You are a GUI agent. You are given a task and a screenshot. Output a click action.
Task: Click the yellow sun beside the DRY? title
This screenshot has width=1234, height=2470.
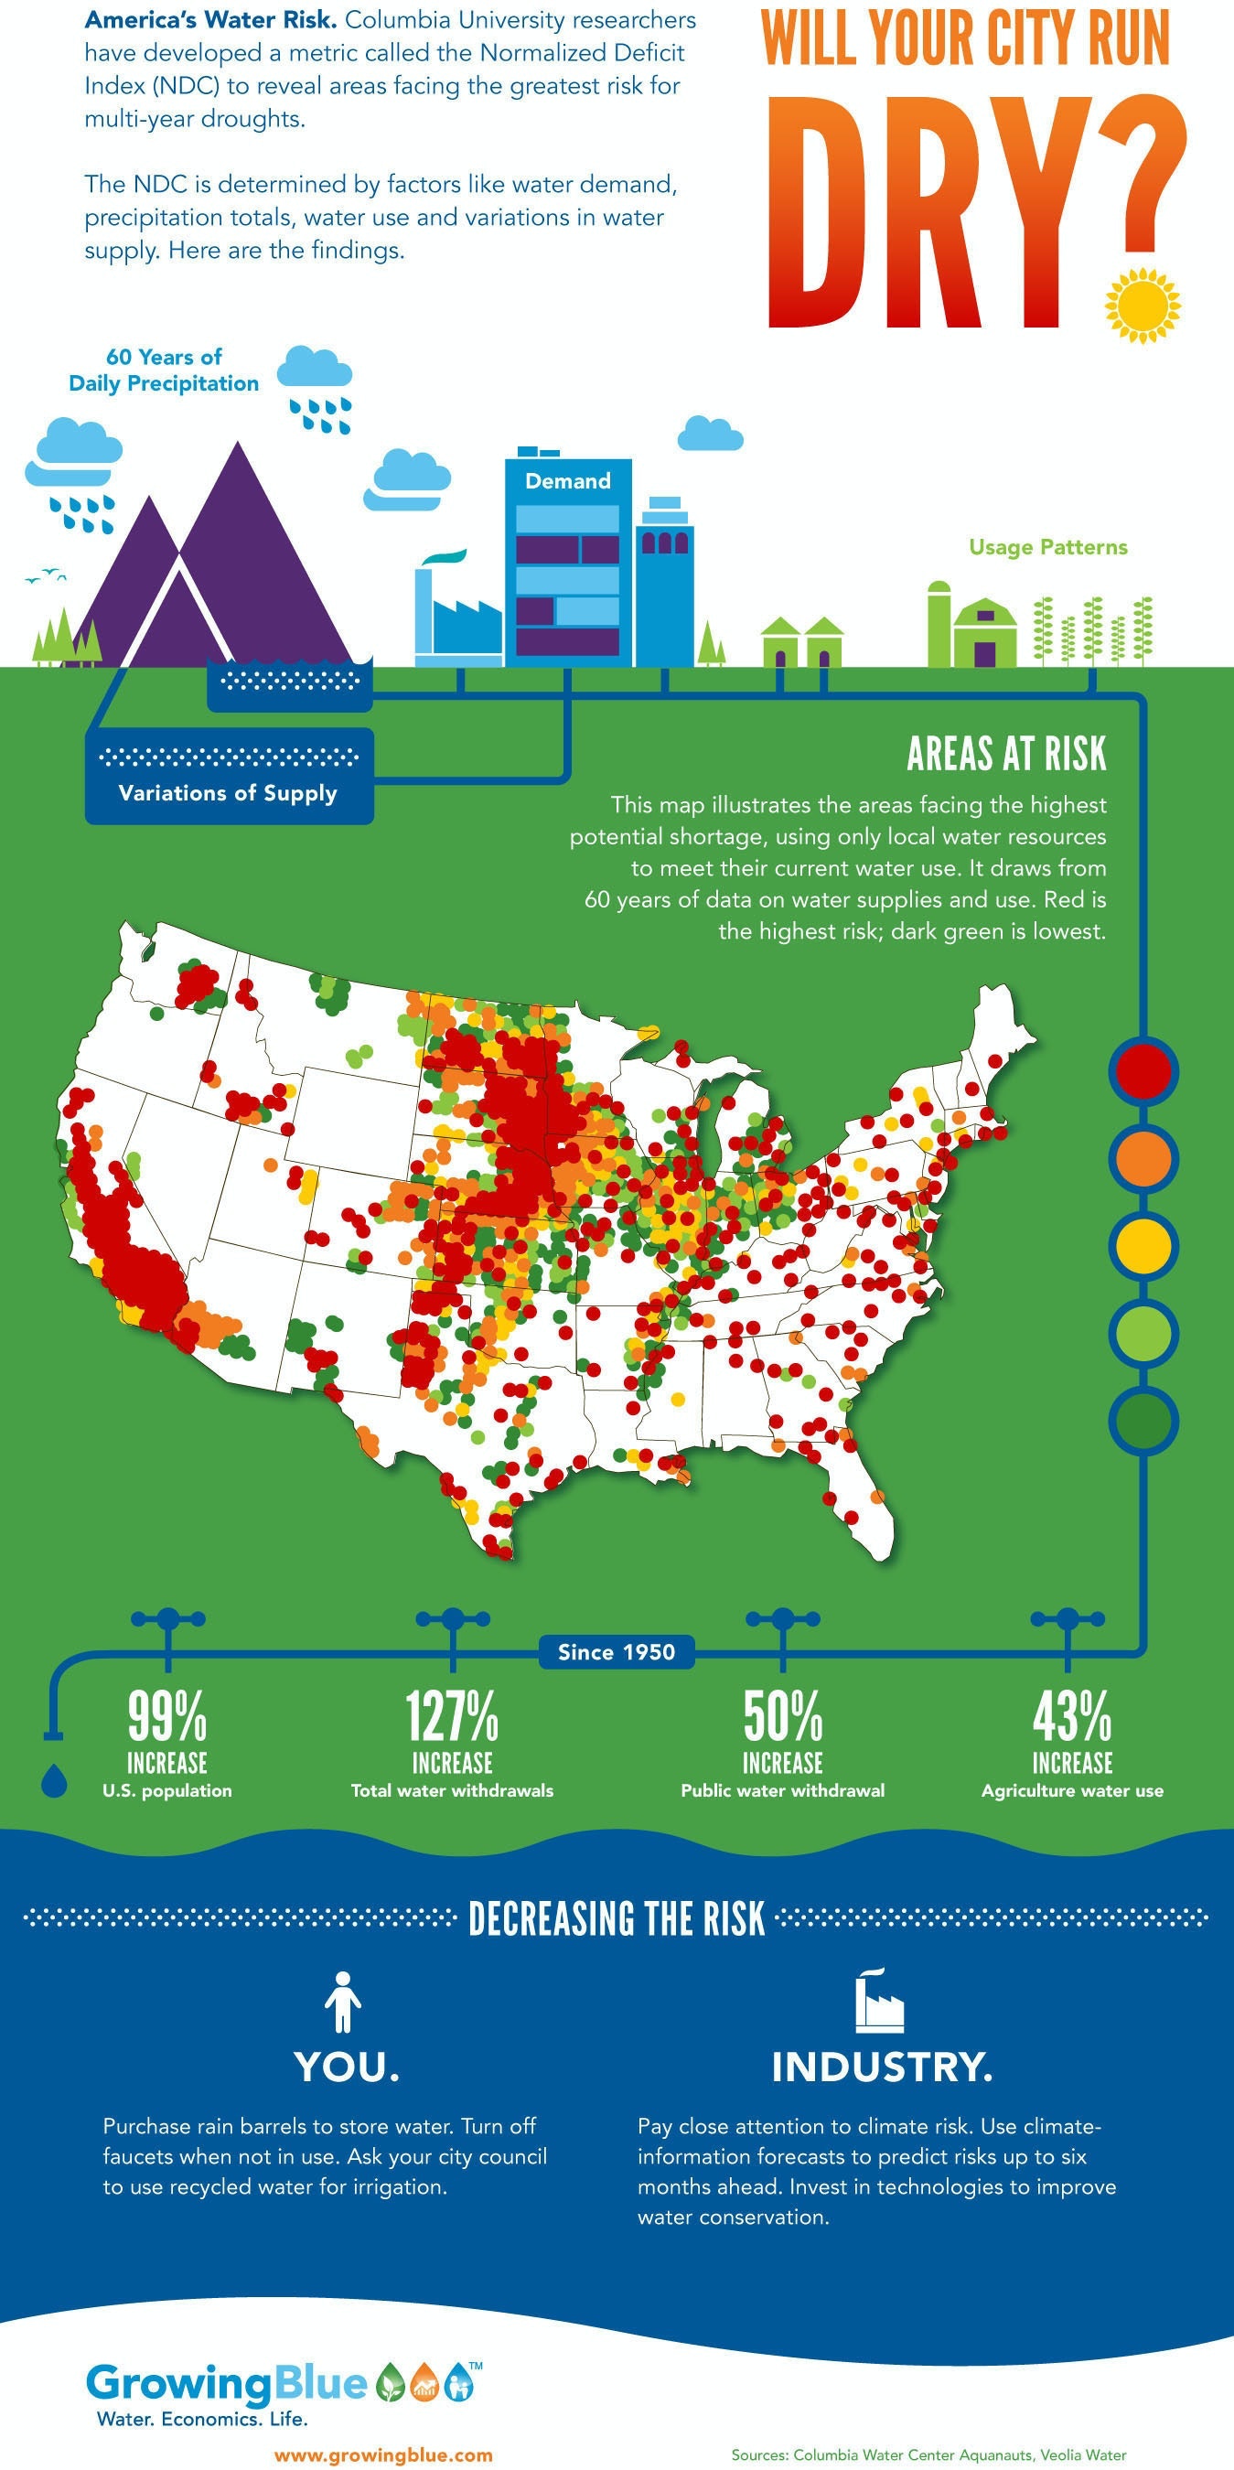click(x=1142, y=306)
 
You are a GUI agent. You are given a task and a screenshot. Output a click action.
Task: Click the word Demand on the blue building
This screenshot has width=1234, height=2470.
click(x=568, y=481)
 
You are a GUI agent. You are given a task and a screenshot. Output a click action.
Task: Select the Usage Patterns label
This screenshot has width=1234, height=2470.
click(x=1048, y=547)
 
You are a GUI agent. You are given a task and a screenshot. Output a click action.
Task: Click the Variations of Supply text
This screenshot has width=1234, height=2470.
click(x=228, y=793)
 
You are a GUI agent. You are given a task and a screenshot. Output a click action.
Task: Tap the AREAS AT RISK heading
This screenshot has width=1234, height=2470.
click(x=1006, y=755)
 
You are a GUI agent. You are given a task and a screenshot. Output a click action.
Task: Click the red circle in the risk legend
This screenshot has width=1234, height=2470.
click(x=1143, y=1071)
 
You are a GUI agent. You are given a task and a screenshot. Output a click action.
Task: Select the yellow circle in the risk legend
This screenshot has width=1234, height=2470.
click(x=1143, y=1246)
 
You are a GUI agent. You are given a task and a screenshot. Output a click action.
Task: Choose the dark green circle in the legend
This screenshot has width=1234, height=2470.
click(x=1143, y=1420)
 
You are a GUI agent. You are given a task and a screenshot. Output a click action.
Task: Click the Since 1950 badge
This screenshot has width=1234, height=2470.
click(x=617, y=1652)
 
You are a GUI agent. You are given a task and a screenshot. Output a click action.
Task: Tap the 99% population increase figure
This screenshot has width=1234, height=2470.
click(x=167, y=1716)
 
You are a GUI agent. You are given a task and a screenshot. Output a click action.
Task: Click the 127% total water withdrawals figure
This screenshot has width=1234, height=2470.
click(x=452, y=1716)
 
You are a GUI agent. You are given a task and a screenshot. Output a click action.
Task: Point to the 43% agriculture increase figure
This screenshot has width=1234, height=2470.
click(x=1071, y=1716)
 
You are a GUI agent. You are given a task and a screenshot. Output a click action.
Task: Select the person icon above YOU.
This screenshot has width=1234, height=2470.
click(x=342, y=2003)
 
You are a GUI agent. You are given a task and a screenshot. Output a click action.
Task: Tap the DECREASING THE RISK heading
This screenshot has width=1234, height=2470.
click(x=617, y=1918)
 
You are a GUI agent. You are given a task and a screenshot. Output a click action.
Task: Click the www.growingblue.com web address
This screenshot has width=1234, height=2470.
click(x=383, y=2454)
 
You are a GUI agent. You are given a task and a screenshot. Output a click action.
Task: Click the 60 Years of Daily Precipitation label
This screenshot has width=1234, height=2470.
click(x=164, y=370)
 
